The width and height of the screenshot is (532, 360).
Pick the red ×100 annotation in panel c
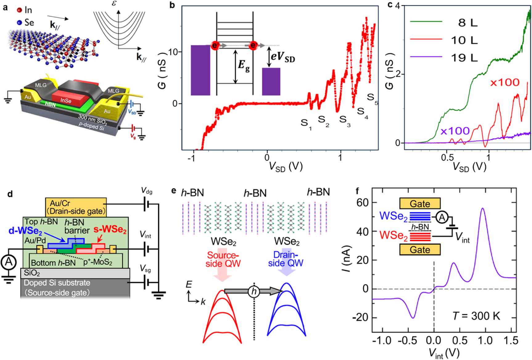click(505, 82)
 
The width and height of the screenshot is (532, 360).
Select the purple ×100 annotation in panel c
click(455, 131)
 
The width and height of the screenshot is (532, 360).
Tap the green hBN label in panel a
click(50, 104)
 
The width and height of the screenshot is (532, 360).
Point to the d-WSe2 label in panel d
click(25, 231)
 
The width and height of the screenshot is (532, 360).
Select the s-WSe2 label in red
click(110, 230)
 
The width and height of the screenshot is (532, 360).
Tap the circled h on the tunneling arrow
click(254, 291)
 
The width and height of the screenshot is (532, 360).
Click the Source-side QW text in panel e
click(223, 259)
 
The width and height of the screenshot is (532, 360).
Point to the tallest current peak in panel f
click(483, 209)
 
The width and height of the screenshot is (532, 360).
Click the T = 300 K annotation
click(476, 316)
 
